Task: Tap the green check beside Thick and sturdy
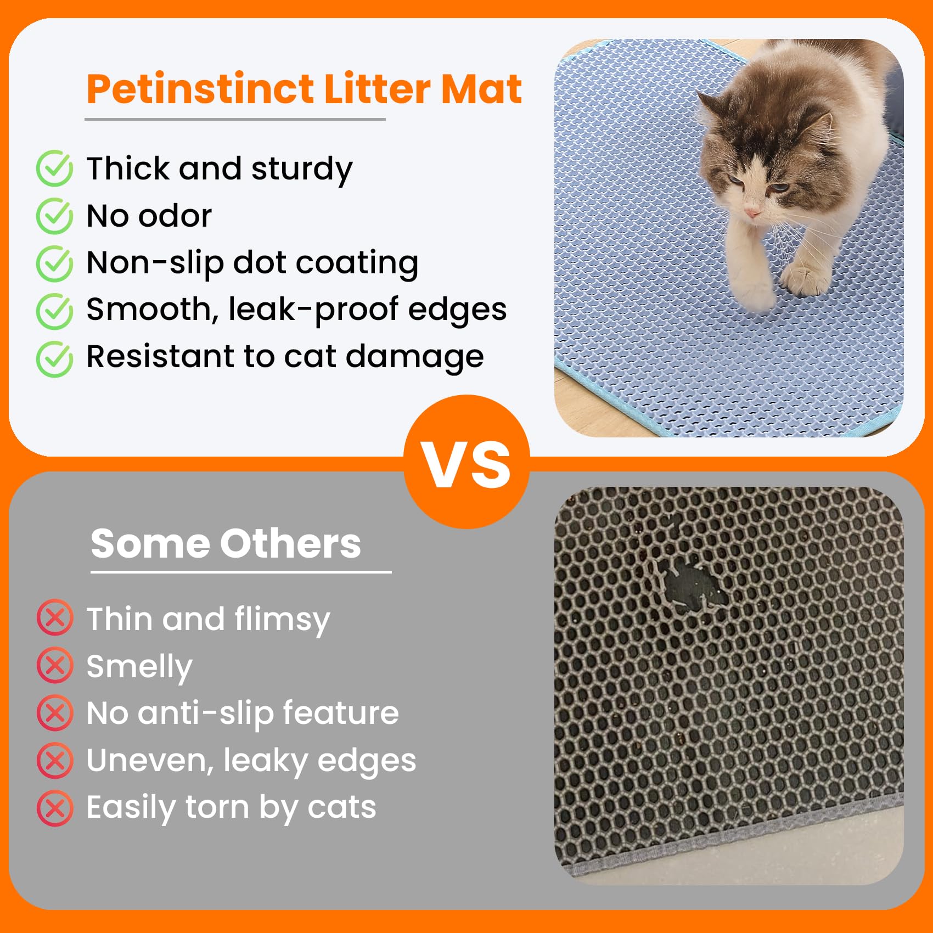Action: [x=54, y=168]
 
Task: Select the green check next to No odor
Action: [x=54, y=216]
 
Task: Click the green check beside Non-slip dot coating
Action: [x=54, y=263]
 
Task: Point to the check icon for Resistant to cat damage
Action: [x=54, y=359]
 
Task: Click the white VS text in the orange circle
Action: [x=466, y=464]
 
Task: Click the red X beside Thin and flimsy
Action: [x=55, y=618]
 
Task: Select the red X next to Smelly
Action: [x=55, y=665]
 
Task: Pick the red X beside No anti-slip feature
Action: [x=55, y=712]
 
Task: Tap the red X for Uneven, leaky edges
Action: [x=55, y=760]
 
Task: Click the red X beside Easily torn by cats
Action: [x=55, y=808]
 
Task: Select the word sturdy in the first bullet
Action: [x=302, y=169]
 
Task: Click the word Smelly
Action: [x=139, y=667]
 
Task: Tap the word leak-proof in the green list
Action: [x=313, y=310]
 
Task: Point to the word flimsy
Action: [x=282, y=620]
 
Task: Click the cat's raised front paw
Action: [x=807, y=277]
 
